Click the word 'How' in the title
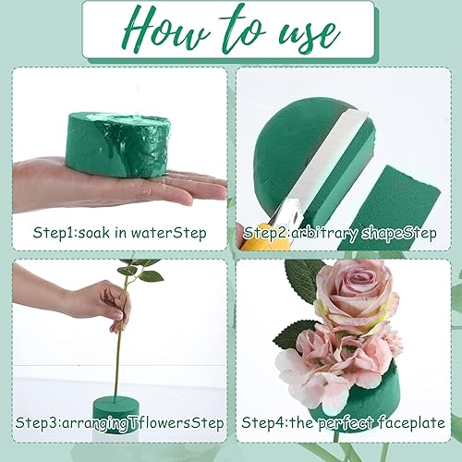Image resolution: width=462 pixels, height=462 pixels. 166,30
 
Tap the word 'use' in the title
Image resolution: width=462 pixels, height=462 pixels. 309,35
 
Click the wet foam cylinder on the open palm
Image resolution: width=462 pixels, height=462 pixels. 119,145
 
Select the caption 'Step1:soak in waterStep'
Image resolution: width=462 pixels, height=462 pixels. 119,233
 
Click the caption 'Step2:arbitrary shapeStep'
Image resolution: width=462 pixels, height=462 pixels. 339,233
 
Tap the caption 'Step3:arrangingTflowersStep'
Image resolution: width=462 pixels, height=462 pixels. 119,422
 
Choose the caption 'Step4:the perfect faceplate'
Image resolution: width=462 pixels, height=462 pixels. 343,422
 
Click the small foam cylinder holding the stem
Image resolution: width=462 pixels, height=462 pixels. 116,414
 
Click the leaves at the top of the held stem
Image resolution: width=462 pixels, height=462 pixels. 140,270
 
